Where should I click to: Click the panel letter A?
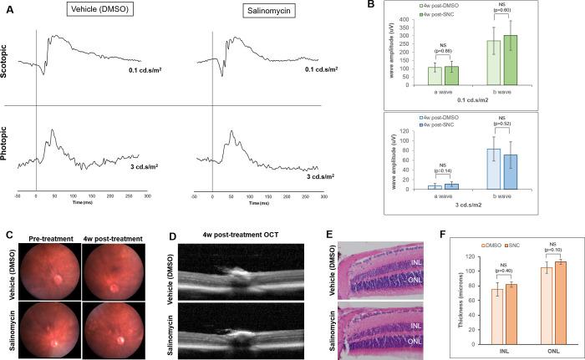9,7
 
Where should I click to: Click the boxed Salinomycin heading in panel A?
244,14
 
